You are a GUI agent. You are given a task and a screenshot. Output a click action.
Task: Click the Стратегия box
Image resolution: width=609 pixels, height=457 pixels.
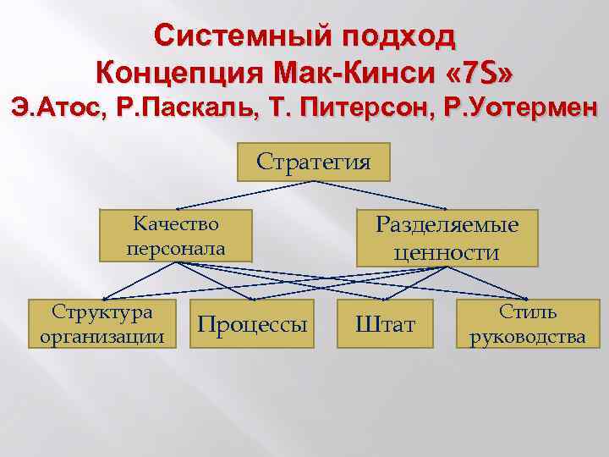pos(313,162)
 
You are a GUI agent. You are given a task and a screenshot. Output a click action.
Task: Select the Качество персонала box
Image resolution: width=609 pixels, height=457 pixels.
pos(176,235)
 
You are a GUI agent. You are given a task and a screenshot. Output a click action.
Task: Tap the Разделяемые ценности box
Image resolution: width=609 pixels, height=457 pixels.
pos(447,237)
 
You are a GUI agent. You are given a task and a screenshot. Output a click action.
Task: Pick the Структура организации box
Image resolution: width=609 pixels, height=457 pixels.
pos(102,323)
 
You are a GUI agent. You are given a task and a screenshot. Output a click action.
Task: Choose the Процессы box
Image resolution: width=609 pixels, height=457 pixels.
pos(252,324)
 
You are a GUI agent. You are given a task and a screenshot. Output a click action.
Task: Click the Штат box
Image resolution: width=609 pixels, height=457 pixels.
pos(385,324)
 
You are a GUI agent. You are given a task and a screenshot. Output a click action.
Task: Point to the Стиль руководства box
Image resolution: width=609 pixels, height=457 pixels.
pos(527,323)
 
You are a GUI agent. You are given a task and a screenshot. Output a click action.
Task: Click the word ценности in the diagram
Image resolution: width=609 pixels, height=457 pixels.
pos(447,252)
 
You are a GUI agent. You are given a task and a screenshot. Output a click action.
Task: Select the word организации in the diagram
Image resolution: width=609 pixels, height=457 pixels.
pos(102,337)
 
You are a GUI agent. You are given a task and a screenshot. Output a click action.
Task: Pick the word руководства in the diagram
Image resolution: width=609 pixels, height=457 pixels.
pos(527,337)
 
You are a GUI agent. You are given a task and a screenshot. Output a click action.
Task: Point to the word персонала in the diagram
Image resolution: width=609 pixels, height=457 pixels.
pos(176,249)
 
